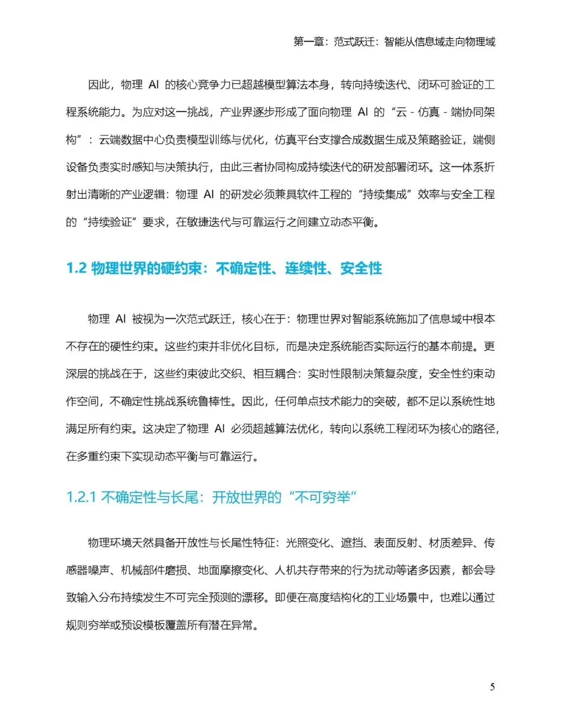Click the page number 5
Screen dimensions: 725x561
pos(492,687)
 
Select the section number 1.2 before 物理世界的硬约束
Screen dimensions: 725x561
pos(76,268)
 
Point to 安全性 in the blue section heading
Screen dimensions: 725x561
pos(361,268)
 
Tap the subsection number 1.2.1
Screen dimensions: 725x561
pos(81,497)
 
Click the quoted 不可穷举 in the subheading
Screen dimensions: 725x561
pos(325,497)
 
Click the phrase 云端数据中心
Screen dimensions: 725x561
pos(131,140)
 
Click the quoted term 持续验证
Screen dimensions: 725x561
pos(110,222)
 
